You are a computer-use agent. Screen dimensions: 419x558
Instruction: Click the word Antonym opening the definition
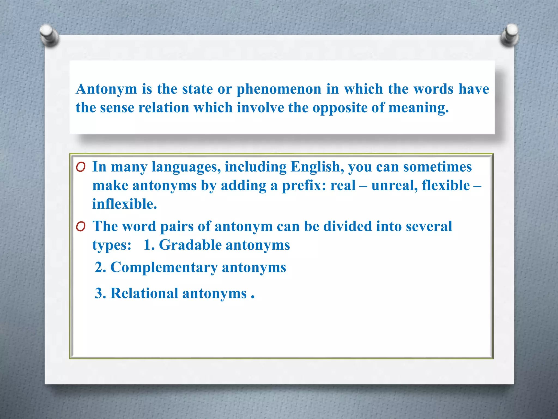click(x=106, y=89)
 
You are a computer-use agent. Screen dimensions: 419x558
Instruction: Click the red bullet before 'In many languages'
click(x=81, y=167)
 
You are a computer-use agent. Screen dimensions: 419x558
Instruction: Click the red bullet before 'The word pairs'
click(x=81, y=226)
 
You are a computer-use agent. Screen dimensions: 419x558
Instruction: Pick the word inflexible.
click(x=125, y=204)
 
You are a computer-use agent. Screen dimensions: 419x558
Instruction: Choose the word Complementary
click(x=164, y=267)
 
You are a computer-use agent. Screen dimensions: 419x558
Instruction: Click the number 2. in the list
click(x=100, y=267)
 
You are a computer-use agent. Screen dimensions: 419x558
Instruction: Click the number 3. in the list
click(x=100, y=294)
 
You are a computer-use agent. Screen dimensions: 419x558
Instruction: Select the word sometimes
click(x=437, y=167)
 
